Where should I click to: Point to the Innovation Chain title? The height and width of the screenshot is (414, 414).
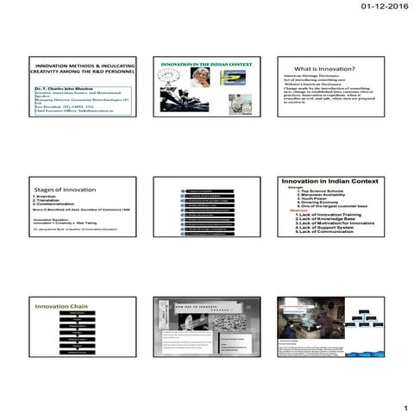coord(59,306)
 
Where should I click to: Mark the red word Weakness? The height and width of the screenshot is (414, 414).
coord(298,210)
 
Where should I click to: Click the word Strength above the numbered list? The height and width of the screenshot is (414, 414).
coord(295,187)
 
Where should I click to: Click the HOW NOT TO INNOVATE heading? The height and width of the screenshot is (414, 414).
coord(206,307)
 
